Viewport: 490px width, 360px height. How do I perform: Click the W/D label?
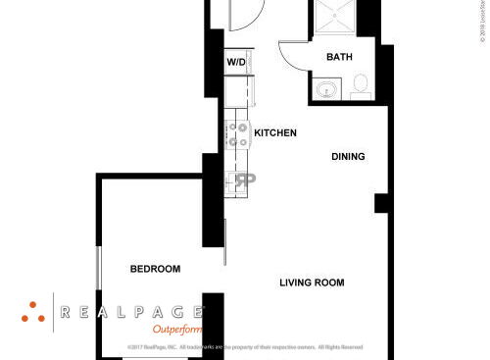pos(236,63)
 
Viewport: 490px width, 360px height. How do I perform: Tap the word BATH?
pos(339,58)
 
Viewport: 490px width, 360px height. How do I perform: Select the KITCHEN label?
pos(275,132)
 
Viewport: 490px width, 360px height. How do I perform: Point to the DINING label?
pos(348,156)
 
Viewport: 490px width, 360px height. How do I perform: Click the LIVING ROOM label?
pos(312,283)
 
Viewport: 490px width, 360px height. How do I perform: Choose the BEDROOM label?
pos(156,270)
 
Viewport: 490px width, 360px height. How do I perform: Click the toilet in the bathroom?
pos(359,85)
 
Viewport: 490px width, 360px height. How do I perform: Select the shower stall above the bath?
pos(333,18)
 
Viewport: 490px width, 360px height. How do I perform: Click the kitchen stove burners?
pos(238,135)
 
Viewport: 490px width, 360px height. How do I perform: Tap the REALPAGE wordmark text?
pos(132,313)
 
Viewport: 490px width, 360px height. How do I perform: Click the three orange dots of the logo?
pos(32,311)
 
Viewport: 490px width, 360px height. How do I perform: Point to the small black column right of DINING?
pos(381,203)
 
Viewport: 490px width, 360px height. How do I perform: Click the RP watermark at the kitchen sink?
pos(241,181)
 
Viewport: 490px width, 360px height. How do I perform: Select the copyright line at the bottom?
pos(245,347)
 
